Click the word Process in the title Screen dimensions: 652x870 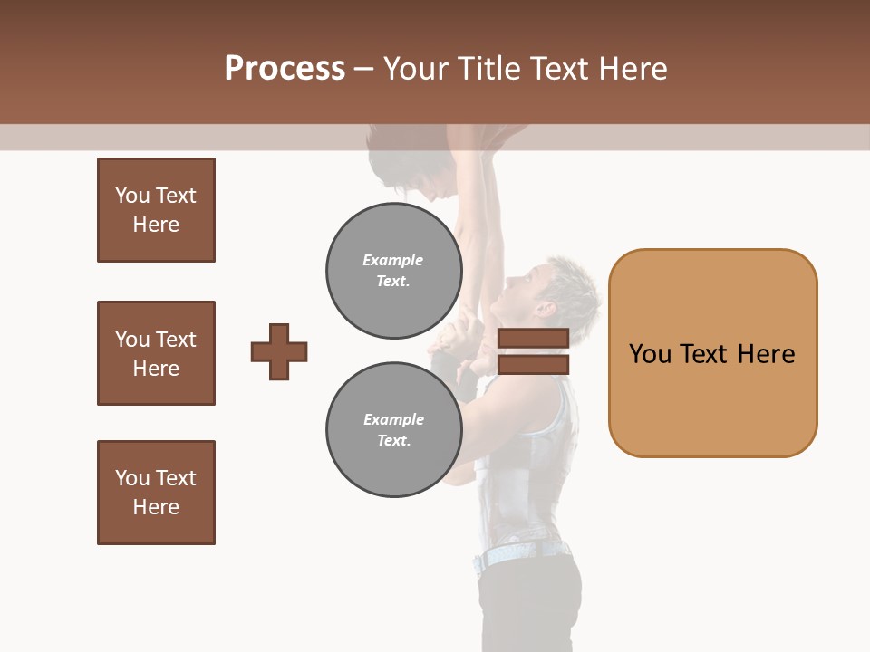[x=285, y=69]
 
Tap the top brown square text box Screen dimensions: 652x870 [x=156, y=210]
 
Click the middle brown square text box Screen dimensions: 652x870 [x=156, y=353]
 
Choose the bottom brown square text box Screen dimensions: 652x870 [x=156, y=493]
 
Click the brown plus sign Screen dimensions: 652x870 [x=279, y=351]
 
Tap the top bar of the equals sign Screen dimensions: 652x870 [x=533, y=338]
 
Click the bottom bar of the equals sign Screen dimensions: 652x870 [x=533, y=364]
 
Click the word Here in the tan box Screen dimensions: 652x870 [x=766, y=354]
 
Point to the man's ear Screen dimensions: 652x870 [x=545, y=309]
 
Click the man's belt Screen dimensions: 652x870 [x=521, y=553]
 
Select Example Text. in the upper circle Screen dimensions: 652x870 [x=393, y=271]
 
